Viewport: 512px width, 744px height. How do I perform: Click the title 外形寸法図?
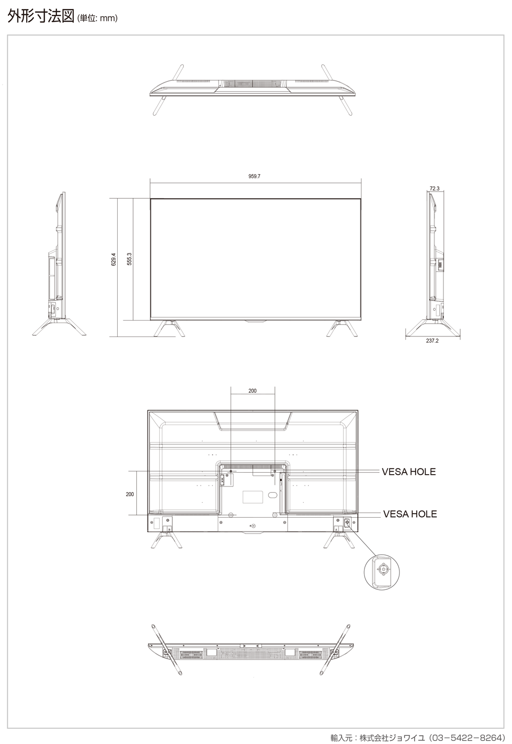coord(40,16)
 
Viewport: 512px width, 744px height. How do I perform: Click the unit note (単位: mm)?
coord(97,18)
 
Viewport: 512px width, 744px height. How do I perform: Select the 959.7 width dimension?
coord(254,176)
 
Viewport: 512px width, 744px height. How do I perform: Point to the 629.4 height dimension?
coord(114,259)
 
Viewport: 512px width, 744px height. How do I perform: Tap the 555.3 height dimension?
coord(130,259)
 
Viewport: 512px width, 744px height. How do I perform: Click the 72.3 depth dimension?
coord(434,188)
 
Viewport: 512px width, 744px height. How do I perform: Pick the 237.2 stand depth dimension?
coord(432,341)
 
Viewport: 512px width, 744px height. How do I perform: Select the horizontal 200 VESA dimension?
coord(252,391)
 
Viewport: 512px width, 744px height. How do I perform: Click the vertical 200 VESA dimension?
coord(130,494)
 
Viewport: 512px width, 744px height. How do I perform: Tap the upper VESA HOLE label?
coord(409,472)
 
